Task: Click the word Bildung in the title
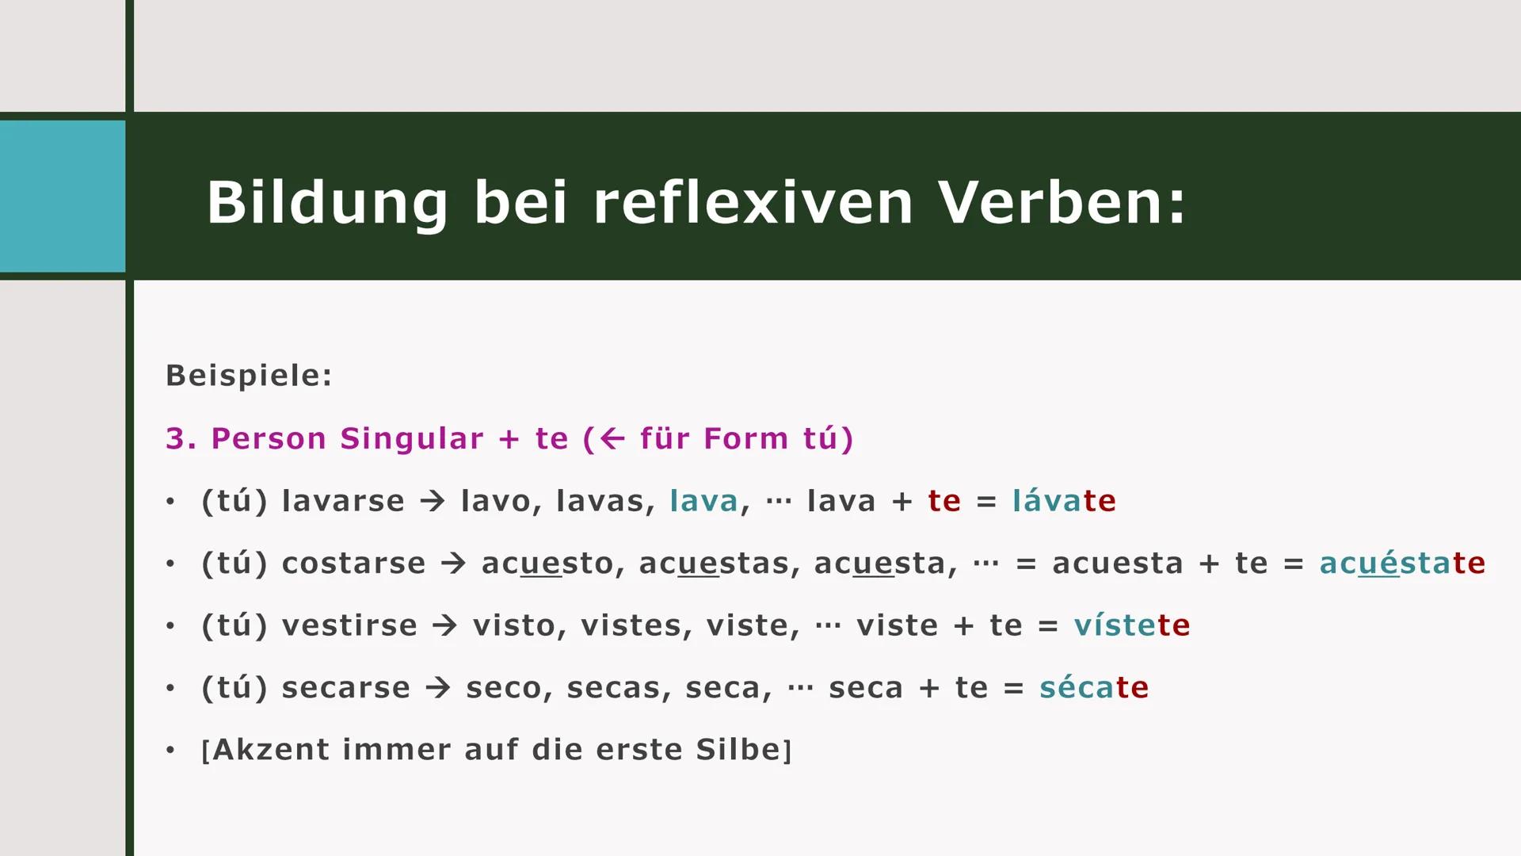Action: pyautogui.click(x=327, y=203)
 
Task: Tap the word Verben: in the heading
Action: pyautogui.click(x=1062, y=203)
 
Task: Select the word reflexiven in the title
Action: pyautogui.click(x=753, y=203)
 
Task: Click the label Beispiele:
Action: pyautogui.click(x=249, y=376)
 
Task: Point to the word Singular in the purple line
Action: pyautogui.click(x=412, y=438)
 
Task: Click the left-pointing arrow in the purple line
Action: pyautogui.click(x=612, y=438)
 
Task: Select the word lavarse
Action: pyautogui.click(x=343, y=501)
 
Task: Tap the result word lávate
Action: pyautogui.click(x=1064, y=501)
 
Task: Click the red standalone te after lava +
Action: pyautogui.click(x=944, y=501)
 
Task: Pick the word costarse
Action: pyautogui.click(x=353, y=564)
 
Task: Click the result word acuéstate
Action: pyautogui.click(x=1402, y=564)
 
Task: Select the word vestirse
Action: pyautogui.click(x=349, y=625)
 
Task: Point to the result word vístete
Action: pyautogui.click(x=1131, y=625)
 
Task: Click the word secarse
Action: pyautogui.click(x=346, y=687)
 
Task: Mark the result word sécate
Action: pyautogui.click(x=1093, y=687)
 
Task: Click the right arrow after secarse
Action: pyautogui.click(x=438, y=687)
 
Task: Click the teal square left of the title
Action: pyautogui.click(x=63, y=196)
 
